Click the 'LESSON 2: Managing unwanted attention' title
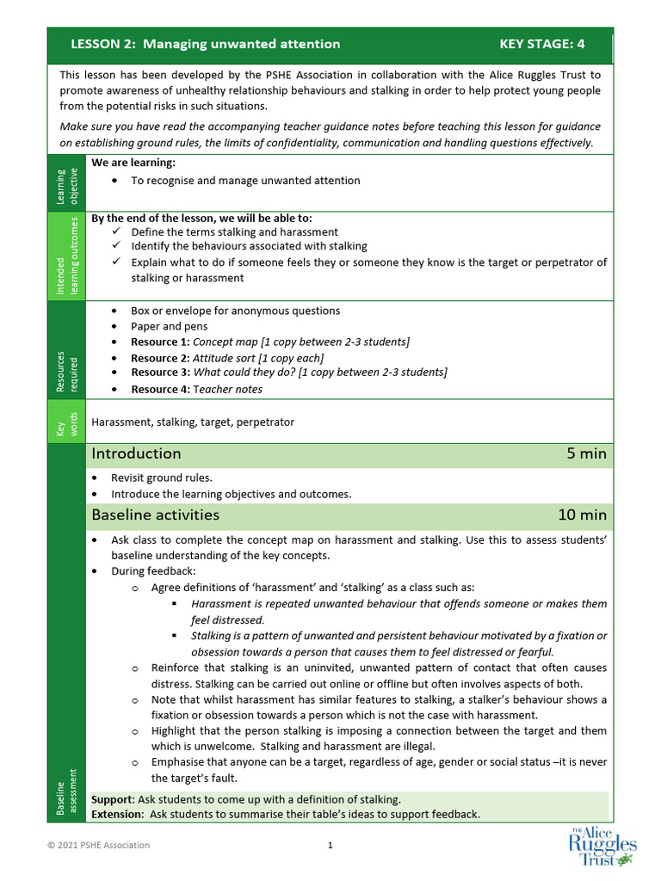205,44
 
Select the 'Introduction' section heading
136,453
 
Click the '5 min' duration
586,453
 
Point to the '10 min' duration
582,515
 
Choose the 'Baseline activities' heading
155,515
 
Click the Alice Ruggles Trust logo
602,846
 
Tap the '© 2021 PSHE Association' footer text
98,845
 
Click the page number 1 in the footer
330,845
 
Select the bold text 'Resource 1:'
160,342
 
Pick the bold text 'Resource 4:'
160,390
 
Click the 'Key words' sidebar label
66,422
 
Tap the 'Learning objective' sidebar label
66,183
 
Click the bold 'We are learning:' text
133,163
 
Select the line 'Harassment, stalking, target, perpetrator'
193,422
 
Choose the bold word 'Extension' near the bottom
116,814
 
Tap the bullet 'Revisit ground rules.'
162,477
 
